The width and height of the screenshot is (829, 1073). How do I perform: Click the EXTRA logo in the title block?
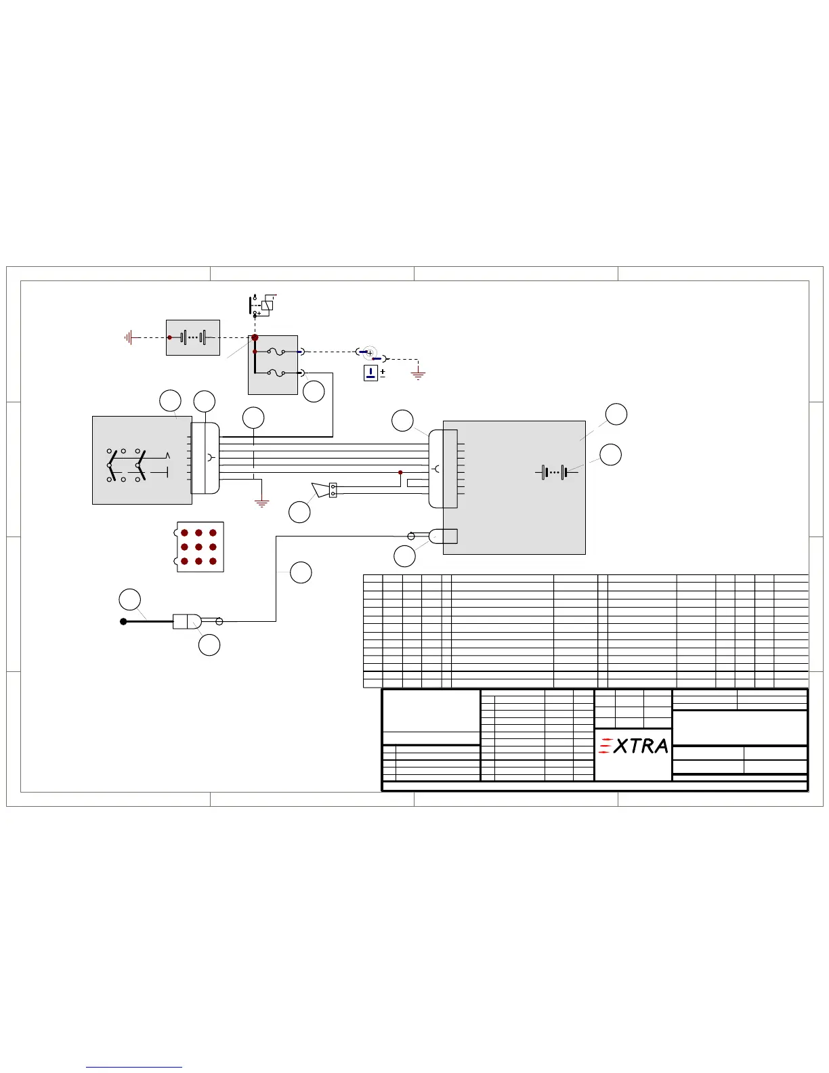(x=634, y=746)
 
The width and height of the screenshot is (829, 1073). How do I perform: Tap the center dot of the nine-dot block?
(x=198, y=547)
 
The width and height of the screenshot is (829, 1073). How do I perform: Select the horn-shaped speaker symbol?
(x=320, y=489)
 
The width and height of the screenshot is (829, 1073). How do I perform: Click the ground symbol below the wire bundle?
(x=261, y=503)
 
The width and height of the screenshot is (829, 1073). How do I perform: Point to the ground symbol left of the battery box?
(x=128, y=337)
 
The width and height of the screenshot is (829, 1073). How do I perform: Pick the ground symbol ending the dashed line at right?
(x=419, y=375)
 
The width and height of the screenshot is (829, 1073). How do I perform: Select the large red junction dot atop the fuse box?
(x=255, y=337)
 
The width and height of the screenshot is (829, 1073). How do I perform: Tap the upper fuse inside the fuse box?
(x=276, y=352)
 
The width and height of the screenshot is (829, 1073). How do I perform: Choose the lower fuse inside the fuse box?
(x=276, y=373)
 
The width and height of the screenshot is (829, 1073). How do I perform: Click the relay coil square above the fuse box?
(x=267, y=305)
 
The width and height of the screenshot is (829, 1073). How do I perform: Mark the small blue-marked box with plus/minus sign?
(x=370, y=373)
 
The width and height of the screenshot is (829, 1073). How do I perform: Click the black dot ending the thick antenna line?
(x=123, y=621)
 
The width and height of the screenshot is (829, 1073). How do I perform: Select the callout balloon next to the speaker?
(x=299, y=512)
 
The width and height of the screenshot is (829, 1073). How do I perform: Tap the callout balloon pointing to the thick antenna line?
(x=130, y=599)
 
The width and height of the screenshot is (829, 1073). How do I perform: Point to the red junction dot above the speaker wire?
(x=400, y=472)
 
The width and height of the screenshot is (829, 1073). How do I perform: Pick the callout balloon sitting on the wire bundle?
(x=253, y=418)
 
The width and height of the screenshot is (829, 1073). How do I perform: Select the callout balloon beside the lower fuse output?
(x=314, y=392)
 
